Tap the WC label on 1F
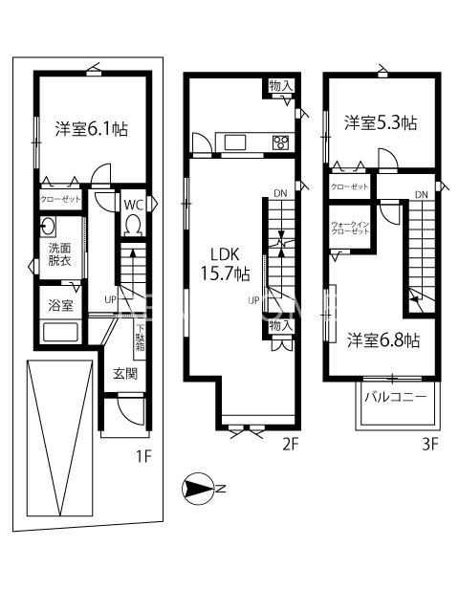click(x=134, y=203)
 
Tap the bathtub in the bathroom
click(x=62, y=335)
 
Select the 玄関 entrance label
click(x=124, y=373)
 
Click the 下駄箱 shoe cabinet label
click(x=140, y=338)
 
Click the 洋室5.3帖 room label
click(x=381, y=123)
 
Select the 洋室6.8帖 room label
click(x=382, y=340)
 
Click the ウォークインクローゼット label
click(x=350, y=228)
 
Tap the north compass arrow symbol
click(x=199, y=490)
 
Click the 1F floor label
click(x=142, y=457)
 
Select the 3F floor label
click(x=429, y=443)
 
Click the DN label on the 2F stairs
click(x=279, y=194)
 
